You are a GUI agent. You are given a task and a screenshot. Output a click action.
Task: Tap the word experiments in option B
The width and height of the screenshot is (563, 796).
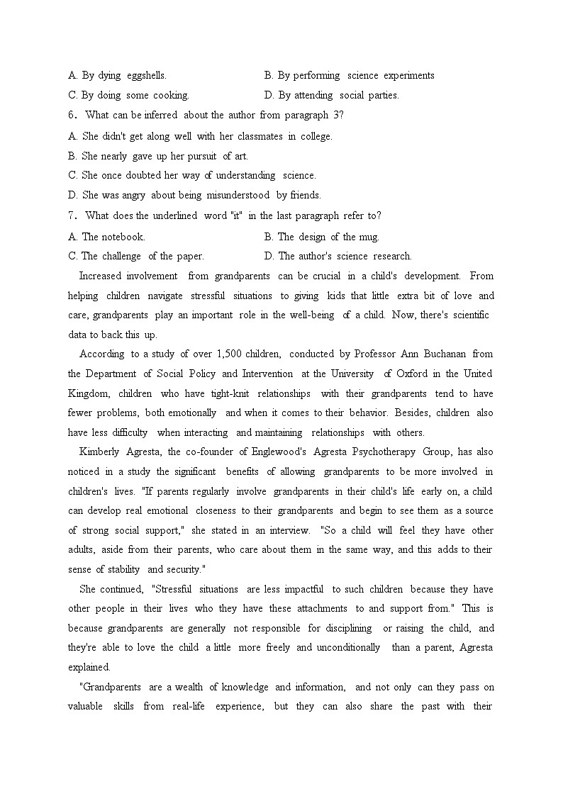409,75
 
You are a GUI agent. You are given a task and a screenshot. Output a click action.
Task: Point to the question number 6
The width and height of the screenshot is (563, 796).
72,115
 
